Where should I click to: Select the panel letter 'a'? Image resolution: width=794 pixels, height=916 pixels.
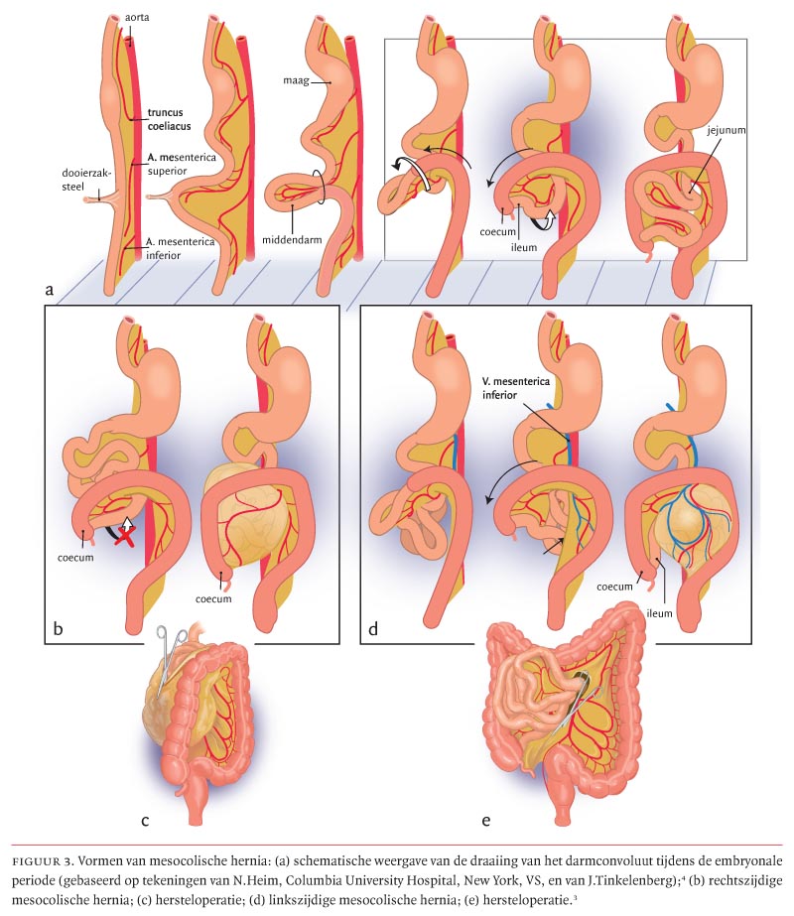pos(49,290)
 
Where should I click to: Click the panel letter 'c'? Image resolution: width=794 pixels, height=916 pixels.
pos(145,819)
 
